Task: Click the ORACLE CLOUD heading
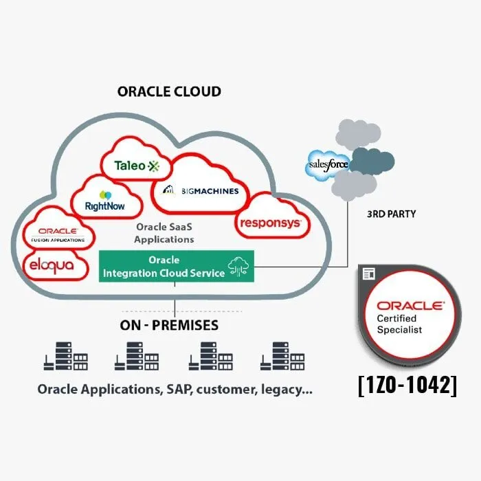[x=169, y=91]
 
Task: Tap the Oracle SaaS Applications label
[x=164, y=234]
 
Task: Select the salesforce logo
[x=328, y=165]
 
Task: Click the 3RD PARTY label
[x=391, y=214]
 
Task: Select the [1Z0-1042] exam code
[x=407, y=385]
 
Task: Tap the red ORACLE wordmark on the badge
[x=410, y=304]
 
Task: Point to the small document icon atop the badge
[x=368, y=273]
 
